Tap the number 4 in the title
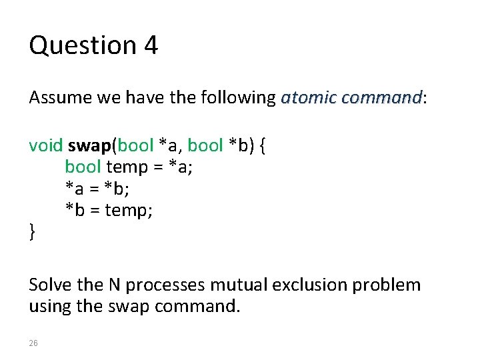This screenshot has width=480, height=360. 150,45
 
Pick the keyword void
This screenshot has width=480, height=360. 45,145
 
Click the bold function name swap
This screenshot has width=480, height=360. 89,145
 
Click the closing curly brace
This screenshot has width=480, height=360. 32,232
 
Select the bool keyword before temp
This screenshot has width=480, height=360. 83,167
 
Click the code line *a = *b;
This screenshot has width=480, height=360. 97,189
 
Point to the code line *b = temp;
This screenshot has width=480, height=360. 109,211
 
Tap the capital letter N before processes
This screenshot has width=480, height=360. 115,285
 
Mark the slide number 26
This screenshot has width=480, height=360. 34,343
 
